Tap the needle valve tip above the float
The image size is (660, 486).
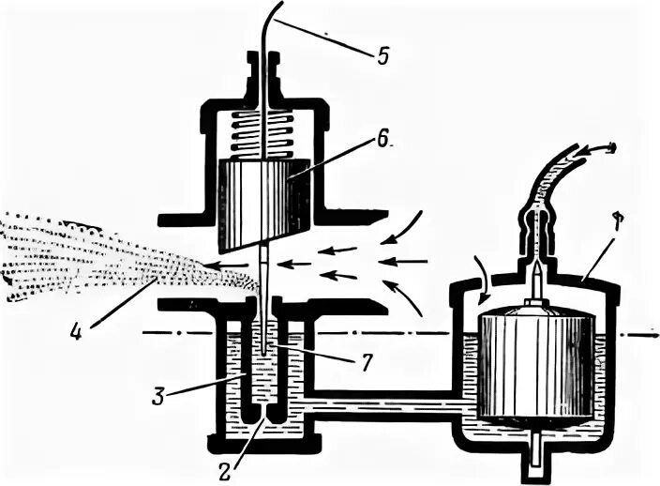[x=536, y=280]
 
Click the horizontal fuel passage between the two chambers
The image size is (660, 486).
[x=384, y=404]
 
